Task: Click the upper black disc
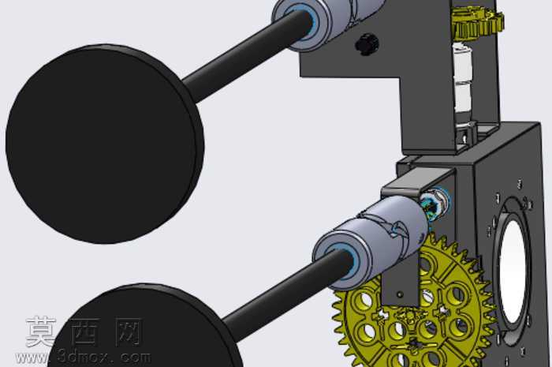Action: click(x=105, y=144)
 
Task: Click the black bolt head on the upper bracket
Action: click(x=367, y=43)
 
